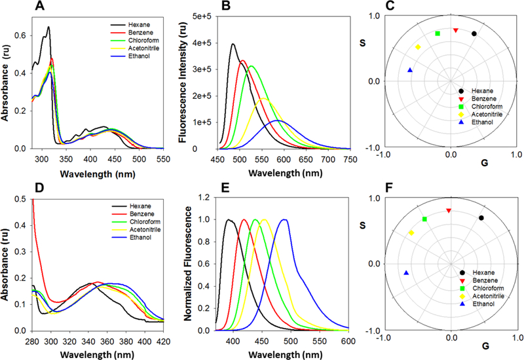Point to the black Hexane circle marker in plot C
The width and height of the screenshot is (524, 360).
[x=474, y=33]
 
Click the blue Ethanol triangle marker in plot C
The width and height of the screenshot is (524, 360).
[x=410, y=70]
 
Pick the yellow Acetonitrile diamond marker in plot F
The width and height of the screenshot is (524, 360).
[x=411, y=233]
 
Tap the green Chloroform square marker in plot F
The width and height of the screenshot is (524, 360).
[x=424, y=219]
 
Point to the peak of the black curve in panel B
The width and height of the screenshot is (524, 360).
[x=233, y=45]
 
